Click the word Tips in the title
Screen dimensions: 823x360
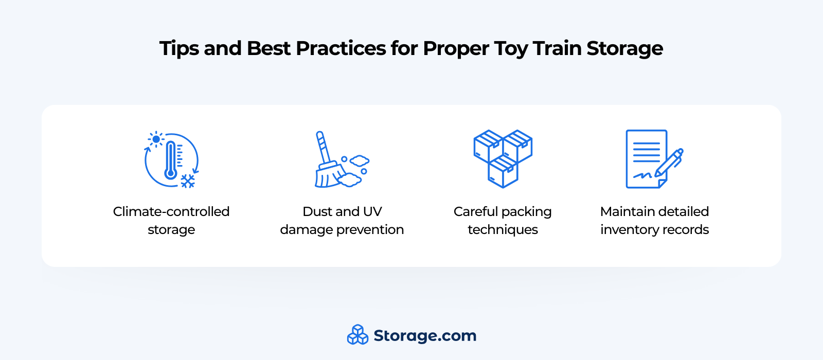[180, 49]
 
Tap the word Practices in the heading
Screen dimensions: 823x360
[341, 48]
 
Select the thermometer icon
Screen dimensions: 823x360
[170, 160]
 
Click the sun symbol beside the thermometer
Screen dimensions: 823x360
[156, 139]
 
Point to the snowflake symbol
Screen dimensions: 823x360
[188, 181]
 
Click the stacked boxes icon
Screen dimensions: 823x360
[503, 159]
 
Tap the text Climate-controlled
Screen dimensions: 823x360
[171, 211]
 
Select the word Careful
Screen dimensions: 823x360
[475, 211]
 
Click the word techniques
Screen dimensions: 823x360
[503, 230]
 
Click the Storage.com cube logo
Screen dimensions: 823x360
[357, 335]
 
